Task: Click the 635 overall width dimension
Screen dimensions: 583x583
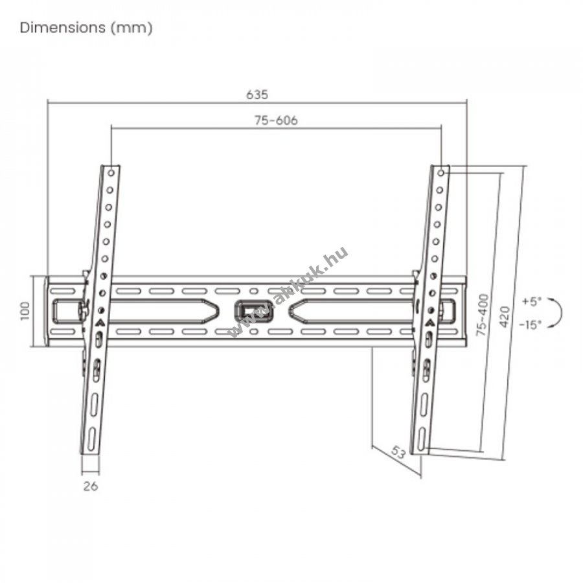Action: pyautogui.click(x=257, y=95)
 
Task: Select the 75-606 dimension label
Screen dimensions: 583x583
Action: pyautogui.click(x=276, y=120)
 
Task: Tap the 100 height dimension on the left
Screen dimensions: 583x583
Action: pyautogui.click(x=25, y=311)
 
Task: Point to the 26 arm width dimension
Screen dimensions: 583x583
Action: pyautogui.click(x=90, y=486)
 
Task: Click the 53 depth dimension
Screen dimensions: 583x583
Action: pyautogui.click(x=398, y=453)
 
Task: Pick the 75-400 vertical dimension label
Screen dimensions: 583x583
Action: pyautogui.click(x=482, y=315)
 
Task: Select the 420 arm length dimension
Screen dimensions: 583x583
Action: pyautogui.click(x=505, y=317)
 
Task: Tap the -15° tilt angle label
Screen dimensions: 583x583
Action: pyautogui.click(x=531, y=325)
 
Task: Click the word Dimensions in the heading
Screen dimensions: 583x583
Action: pyautogui.click(x=63, y=28)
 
